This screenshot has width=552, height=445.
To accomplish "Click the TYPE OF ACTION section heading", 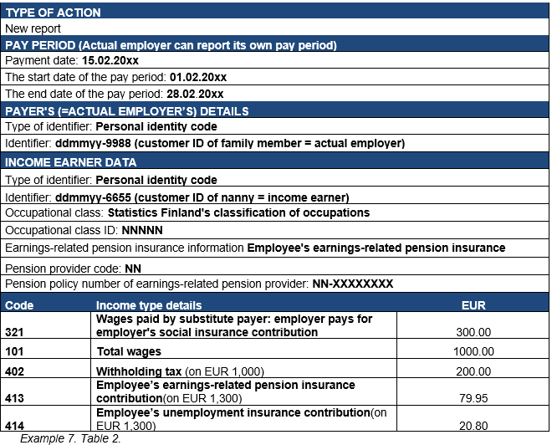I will [53, 13].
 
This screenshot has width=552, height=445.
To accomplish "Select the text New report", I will [33, 28].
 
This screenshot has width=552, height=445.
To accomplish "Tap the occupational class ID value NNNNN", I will [142, 229].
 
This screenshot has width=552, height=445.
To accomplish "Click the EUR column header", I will [473, 305].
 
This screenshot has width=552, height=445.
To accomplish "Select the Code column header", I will [19, 305].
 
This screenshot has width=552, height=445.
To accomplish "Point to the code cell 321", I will [16, 332].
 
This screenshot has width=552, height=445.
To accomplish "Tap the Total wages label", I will [130, 352].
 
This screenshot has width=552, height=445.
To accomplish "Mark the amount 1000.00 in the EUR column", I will [473, 352].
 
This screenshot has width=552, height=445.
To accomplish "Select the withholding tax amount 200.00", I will [473, 371].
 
